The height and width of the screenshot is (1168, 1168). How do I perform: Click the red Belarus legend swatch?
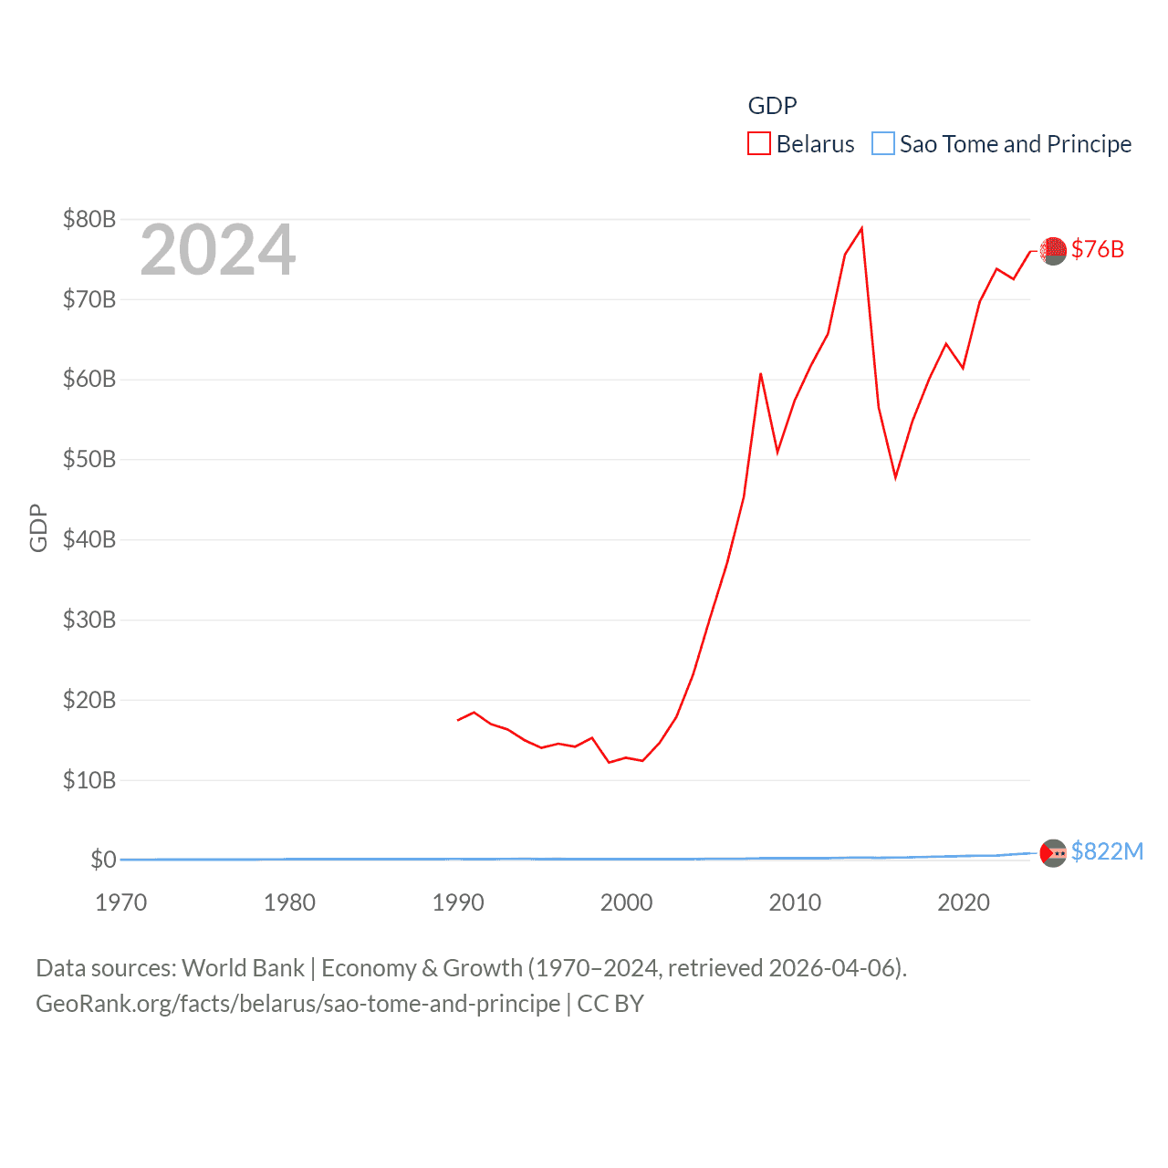pyautogui.click(x=759, y=144)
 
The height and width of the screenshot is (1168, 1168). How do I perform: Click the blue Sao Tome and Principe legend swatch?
pyautogui.click(x=882, y=144)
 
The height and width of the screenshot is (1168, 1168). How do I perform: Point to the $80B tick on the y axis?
pyautogui.click(x=89, y=219)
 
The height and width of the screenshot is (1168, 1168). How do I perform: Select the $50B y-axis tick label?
pyautogui.click(x=89, y=459)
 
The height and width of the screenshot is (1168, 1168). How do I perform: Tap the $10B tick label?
pyautogui.click(x=89, y=780)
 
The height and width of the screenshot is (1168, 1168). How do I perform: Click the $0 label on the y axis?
pyautogui.click(x=103, y=860)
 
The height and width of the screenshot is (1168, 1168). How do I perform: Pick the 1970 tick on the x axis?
pyautogui.click(x=121, y=902)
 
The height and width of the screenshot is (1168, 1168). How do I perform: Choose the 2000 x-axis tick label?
pyautogui.click(x=626, y=902)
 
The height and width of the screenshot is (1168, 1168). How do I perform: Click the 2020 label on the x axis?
pyautogui.click(x=964, y=902)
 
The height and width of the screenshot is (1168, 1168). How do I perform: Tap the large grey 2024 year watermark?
pyautogui.click(x=218, y=250)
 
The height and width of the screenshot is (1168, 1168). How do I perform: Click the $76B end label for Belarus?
pyautogui.click(x=1098, y=249)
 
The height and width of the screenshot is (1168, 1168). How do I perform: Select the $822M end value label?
pyautogui.click(x=1107, y=851)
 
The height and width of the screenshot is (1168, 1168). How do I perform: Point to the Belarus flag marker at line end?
pyautogui.click(x=1053, y=251)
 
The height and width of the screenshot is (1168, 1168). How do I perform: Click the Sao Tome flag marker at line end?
pyautogui.click(x=1053, y=853)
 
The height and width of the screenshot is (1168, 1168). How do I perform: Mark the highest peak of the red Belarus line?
pyautogui.click(x=861, y=228)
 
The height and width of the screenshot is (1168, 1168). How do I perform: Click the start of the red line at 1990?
pyautogui.click(x=458, y=720)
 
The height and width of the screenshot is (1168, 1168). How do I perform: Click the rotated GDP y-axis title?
pyautogui.click(x=38, y=527)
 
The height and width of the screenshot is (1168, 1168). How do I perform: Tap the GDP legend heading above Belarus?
pyautogui.click(x=772, y=106)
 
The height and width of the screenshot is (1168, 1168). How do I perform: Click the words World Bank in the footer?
pyautogui.click(x=244, y=967)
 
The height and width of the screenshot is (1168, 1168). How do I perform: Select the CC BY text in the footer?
pyautogui.click(x=610, y=1004)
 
